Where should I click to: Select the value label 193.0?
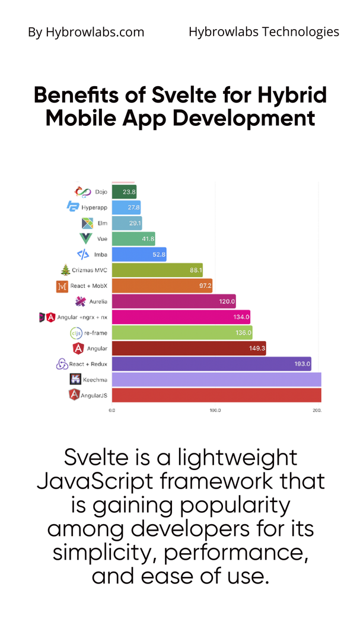pos(301,364)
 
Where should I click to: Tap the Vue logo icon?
pos(86,239)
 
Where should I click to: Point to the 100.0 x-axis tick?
pos(215,410)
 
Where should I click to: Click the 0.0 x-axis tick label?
pos(111,410)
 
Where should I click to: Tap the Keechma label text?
pos(96,379)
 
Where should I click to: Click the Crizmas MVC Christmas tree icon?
pos(66,270)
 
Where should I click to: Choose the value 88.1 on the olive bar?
pos(195,270)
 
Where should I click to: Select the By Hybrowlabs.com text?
pos(86,32)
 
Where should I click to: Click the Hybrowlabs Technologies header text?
pos(264,31)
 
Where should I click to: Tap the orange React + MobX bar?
pos(161,286)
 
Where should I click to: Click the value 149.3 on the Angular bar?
pos(256,348)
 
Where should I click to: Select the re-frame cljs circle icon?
pos(76,332)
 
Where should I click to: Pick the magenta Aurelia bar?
pos(173,302)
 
